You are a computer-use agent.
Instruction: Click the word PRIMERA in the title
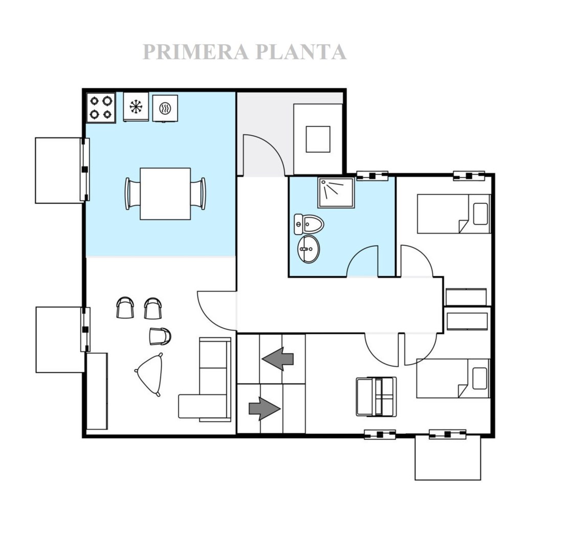[x=196, y=52]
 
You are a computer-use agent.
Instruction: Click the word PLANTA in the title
[x=301, y=52]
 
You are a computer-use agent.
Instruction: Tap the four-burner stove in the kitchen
[x=101, y=108]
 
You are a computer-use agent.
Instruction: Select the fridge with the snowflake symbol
[x=136, y=107]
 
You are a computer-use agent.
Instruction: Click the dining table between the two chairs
[x=165, y=194]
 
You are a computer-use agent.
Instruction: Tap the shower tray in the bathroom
[x=336, y=193]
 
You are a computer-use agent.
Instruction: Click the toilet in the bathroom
[x=309, y=224]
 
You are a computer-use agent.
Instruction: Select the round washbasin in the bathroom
[x=308, y=249]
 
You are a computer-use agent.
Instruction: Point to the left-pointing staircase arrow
[x=278, y=358]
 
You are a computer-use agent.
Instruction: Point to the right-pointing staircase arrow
[x=264, y=409]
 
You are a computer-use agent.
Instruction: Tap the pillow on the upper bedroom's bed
[x=480, y=214]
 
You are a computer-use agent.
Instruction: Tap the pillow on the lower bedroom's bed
[x=480, y=378]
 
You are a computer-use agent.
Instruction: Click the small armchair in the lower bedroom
[x=376, y=397]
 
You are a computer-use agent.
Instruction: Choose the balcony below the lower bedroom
[x=448, y=457]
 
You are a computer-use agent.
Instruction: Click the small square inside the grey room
[x=318, y=139]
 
